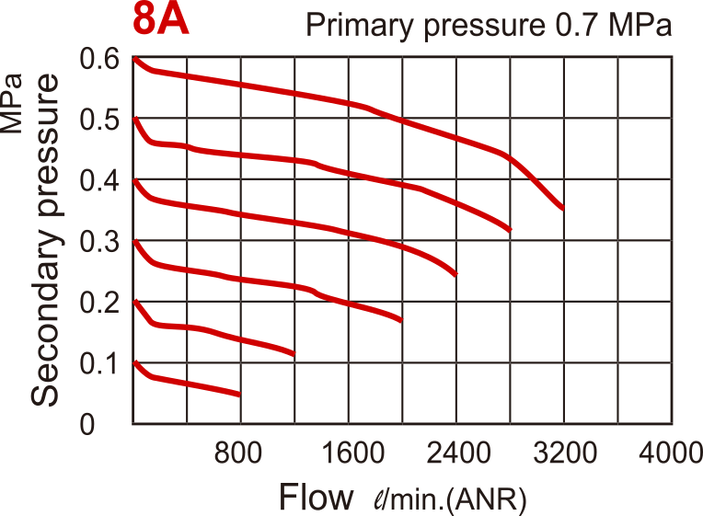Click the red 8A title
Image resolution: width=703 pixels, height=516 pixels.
coord(161,21)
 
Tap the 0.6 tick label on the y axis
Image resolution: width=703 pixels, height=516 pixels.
coord(99,60)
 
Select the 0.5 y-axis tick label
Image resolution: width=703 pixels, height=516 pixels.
coord(99,120)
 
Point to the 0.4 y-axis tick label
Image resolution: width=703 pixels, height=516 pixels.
coord(99,181)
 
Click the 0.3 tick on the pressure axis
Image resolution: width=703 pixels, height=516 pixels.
coord(99,242)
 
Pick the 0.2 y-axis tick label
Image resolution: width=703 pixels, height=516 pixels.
coord(99,303)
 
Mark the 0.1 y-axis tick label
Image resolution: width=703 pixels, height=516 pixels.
coord(99,363)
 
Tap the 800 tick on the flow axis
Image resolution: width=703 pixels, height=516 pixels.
coord(240,453)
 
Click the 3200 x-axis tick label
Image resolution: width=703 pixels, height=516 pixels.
coord(563,453)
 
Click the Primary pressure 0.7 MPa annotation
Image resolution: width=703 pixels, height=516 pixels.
coord(489,25)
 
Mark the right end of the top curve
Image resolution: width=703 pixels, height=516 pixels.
coord(562,209)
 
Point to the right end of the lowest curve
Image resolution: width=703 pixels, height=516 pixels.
coord(239,395)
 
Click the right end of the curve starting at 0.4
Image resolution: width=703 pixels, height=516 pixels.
coord(455,274)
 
